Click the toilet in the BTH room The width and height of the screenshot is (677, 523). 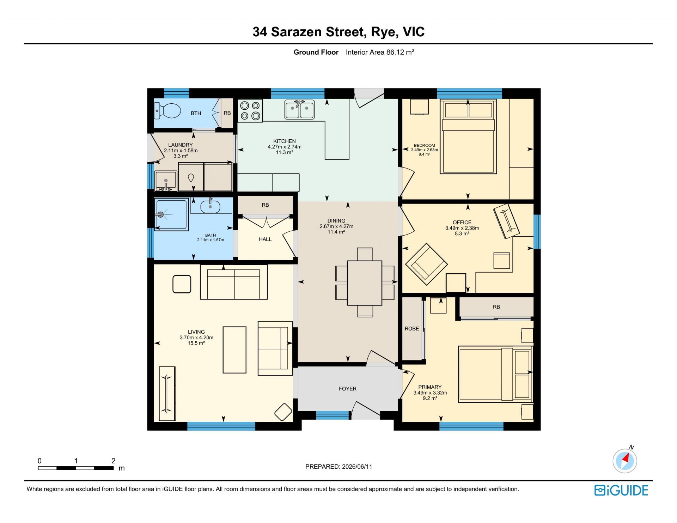[168, 111]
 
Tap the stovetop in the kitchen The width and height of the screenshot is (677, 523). [250, 111]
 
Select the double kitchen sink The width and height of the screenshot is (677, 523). [299, 110]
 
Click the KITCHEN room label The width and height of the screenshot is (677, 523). [285, 141]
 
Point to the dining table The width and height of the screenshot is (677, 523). [365, 283]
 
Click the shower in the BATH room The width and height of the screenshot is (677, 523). [171, 215]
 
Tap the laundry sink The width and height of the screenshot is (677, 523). [166, 181]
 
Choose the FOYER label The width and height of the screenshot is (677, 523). [348, 389]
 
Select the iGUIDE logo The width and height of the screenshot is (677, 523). [621, 491]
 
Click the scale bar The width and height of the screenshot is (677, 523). [76, 468]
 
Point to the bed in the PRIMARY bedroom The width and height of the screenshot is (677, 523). [495, 374]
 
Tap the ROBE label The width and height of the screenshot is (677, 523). [412, 329]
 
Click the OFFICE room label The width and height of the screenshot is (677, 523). [462, 222]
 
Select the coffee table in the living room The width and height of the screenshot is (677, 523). [234, 350]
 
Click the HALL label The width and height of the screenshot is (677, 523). [265, 239]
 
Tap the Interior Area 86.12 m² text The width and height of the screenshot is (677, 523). [380, 52]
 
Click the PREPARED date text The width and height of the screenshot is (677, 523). [338, 467]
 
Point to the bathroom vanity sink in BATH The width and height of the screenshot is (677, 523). [211, 206]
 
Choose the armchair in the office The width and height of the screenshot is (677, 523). [426, 264]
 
